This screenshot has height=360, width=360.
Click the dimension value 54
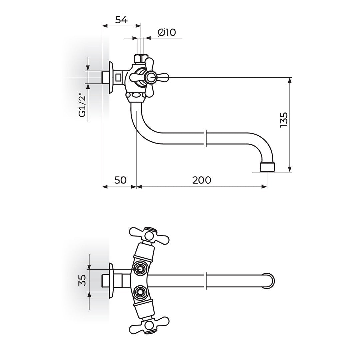point(121,20)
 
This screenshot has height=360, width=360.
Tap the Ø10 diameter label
point(167,32)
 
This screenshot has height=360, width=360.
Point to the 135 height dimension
point(284,120)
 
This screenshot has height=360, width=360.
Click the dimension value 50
point(120,180)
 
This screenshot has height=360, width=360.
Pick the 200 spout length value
point(202,180)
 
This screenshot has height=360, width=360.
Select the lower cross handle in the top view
point(149,325)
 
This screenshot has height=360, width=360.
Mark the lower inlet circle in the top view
point(140,292)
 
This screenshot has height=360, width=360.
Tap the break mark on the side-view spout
point(206,138)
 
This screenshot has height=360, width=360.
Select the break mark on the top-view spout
point(206,280)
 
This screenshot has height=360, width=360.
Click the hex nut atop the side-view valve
point(141,59)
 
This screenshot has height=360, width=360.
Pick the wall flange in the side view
point(112,77)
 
